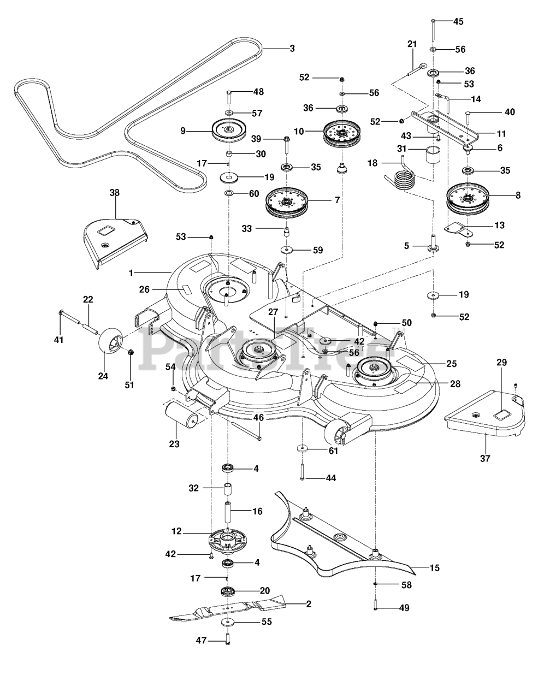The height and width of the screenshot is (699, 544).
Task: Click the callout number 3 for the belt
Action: [292, 49]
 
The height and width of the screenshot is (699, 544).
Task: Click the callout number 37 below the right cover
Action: [485, 459]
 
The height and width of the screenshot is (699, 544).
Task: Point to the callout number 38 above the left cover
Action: [114, 193]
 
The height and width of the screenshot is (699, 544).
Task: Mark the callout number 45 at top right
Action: [458, 22]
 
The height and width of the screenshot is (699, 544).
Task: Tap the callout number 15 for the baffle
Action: [434, 568]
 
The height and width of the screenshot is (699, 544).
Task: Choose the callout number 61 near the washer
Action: [333, 451]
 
